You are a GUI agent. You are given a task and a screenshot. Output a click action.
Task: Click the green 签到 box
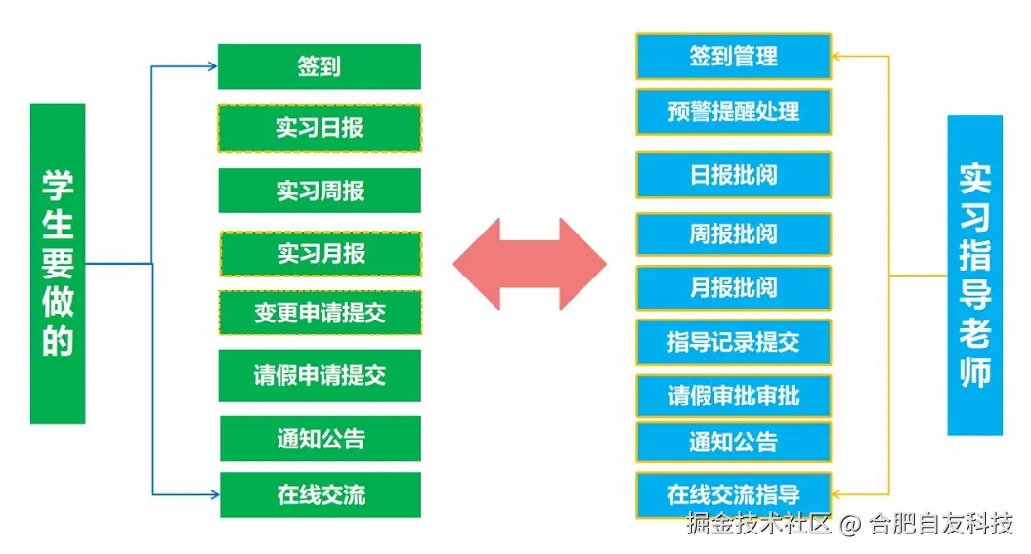pyautogui.click(x=320, y=66)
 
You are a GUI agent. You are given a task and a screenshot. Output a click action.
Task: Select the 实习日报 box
pyautogui.click(x=320, y=128)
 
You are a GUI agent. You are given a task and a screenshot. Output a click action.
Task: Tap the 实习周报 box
pyautogui.click(x=320, y=190)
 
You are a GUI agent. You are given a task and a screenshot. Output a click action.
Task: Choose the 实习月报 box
pyautogui.click(x=321, y=253)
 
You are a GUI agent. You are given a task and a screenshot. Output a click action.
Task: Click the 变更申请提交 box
pyautogui.click(x=321, y=313)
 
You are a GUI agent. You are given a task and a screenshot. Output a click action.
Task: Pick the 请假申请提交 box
pyautogui.click(x=320, y=375)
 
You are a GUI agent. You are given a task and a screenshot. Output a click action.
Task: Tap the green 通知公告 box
pyautogui.click(x=321, y=439)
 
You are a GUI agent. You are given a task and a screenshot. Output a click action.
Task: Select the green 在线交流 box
pyautogui.click(x=321, y=494)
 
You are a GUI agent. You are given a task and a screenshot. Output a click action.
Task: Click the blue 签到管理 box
pyautogui.click(x=733, y=56)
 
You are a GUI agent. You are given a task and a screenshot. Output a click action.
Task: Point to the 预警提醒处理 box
pyautogui.click(x=733, y=111)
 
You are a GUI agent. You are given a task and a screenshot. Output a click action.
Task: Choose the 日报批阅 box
pyautogui.click(x=733, y=175)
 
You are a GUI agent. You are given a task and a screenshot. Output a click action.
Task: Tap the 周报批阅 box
pyautogui.click(x=733, y=234)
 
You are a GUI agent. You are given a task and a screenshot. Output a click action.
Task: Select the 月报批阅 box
pyautogui.click(x=733, y=288)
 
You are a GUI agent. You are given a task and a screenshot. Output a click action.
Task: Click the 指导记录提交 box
pyautogui.click(x=733, y=342)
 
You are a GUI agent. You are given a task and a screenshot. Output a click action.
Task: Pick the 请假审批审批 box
pyautogui.click(x=733, y=396)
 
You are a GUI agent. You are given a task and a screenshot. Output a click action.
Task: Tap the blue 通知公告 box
pyautogui.click(x=733, y=442)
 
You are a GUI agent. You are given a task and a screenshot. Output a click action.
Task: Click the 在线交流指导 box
pyautogui.click(x=733, y=494)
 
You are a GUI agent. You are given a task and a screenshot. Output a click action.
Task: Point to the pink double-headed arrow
pyautogui.click(x=530, y=264)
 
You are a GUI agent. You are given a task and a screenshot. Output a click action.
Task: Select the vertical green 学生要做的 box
pyautogui.click(x=58, y=263)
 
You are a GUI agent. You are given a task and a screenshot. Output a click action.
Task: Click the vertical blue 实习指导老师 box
pyautogui.click(x=974, y=275)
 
